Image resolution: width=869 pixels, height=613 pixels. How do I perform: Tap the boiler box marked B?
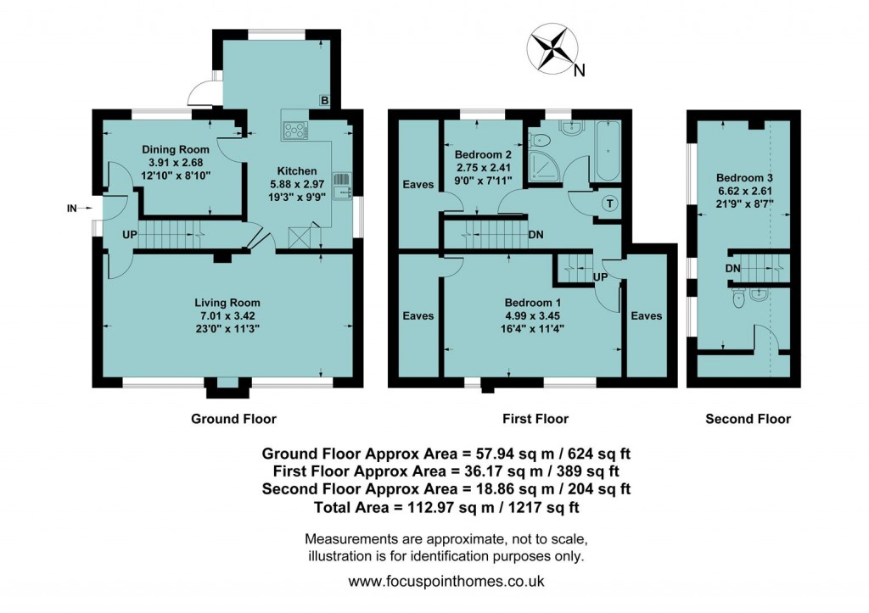[324, 101]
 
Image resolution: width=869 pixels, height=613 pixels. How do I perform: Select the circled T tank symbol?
[609, 203]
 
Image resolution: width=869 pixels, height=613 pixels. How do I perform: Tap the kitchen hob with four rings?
[294, 130]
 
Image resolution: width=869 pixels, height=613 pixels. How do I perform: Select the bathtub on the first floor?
[608, 151]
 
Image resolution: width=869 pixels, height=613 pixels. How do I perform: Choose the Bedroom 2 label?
[482, 155]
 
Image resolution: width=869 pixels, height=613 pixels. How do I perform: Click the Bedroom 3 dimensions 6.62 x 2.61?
[744, 191]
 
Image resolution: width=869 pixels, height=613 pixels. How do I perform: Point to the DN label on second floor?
[732, 268]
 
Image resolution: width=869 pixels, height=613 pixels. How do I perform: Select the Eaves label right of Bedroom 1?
[646, 315]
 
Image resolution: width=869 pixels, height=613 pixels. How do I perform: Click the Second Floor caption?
[748, 419]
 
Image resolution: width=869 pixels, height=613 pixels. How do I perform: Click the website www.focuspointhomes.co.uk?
[446, 582]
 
